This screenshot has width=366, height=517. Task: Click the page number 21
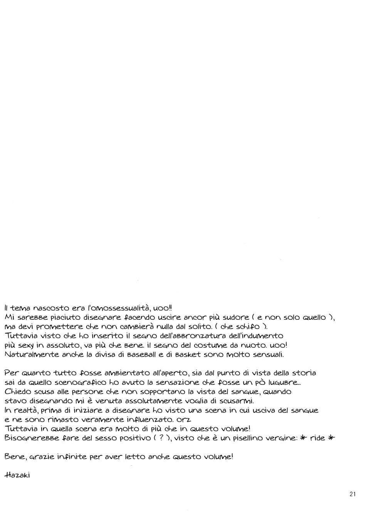[x=353, y=495]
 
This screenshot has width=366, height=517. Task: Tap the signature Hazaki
[x=17, y=475]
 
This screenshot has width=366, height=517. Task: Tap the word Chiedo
[x=17, y=391]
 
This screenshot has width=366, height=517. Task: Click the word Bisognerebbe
[x=29, y=438]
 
